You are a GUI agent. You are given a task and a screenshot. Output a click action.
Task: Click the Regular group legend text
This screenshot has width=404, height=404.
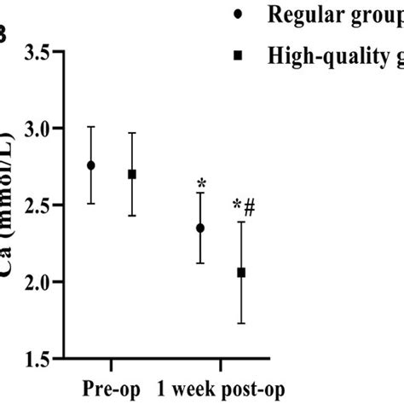[x=332, y=15]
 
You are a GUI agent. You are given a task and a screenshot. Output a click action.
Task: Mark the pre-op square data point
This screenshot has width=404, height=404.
[x=131, y=174]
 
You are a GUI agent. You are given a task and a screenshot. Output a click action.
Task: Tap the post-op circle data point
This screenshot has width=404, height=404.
[x=200, y=228]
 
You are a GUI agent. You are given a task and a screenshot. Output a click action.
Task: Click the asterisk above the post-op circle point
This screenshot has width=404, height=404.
[x=201, y=182]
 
